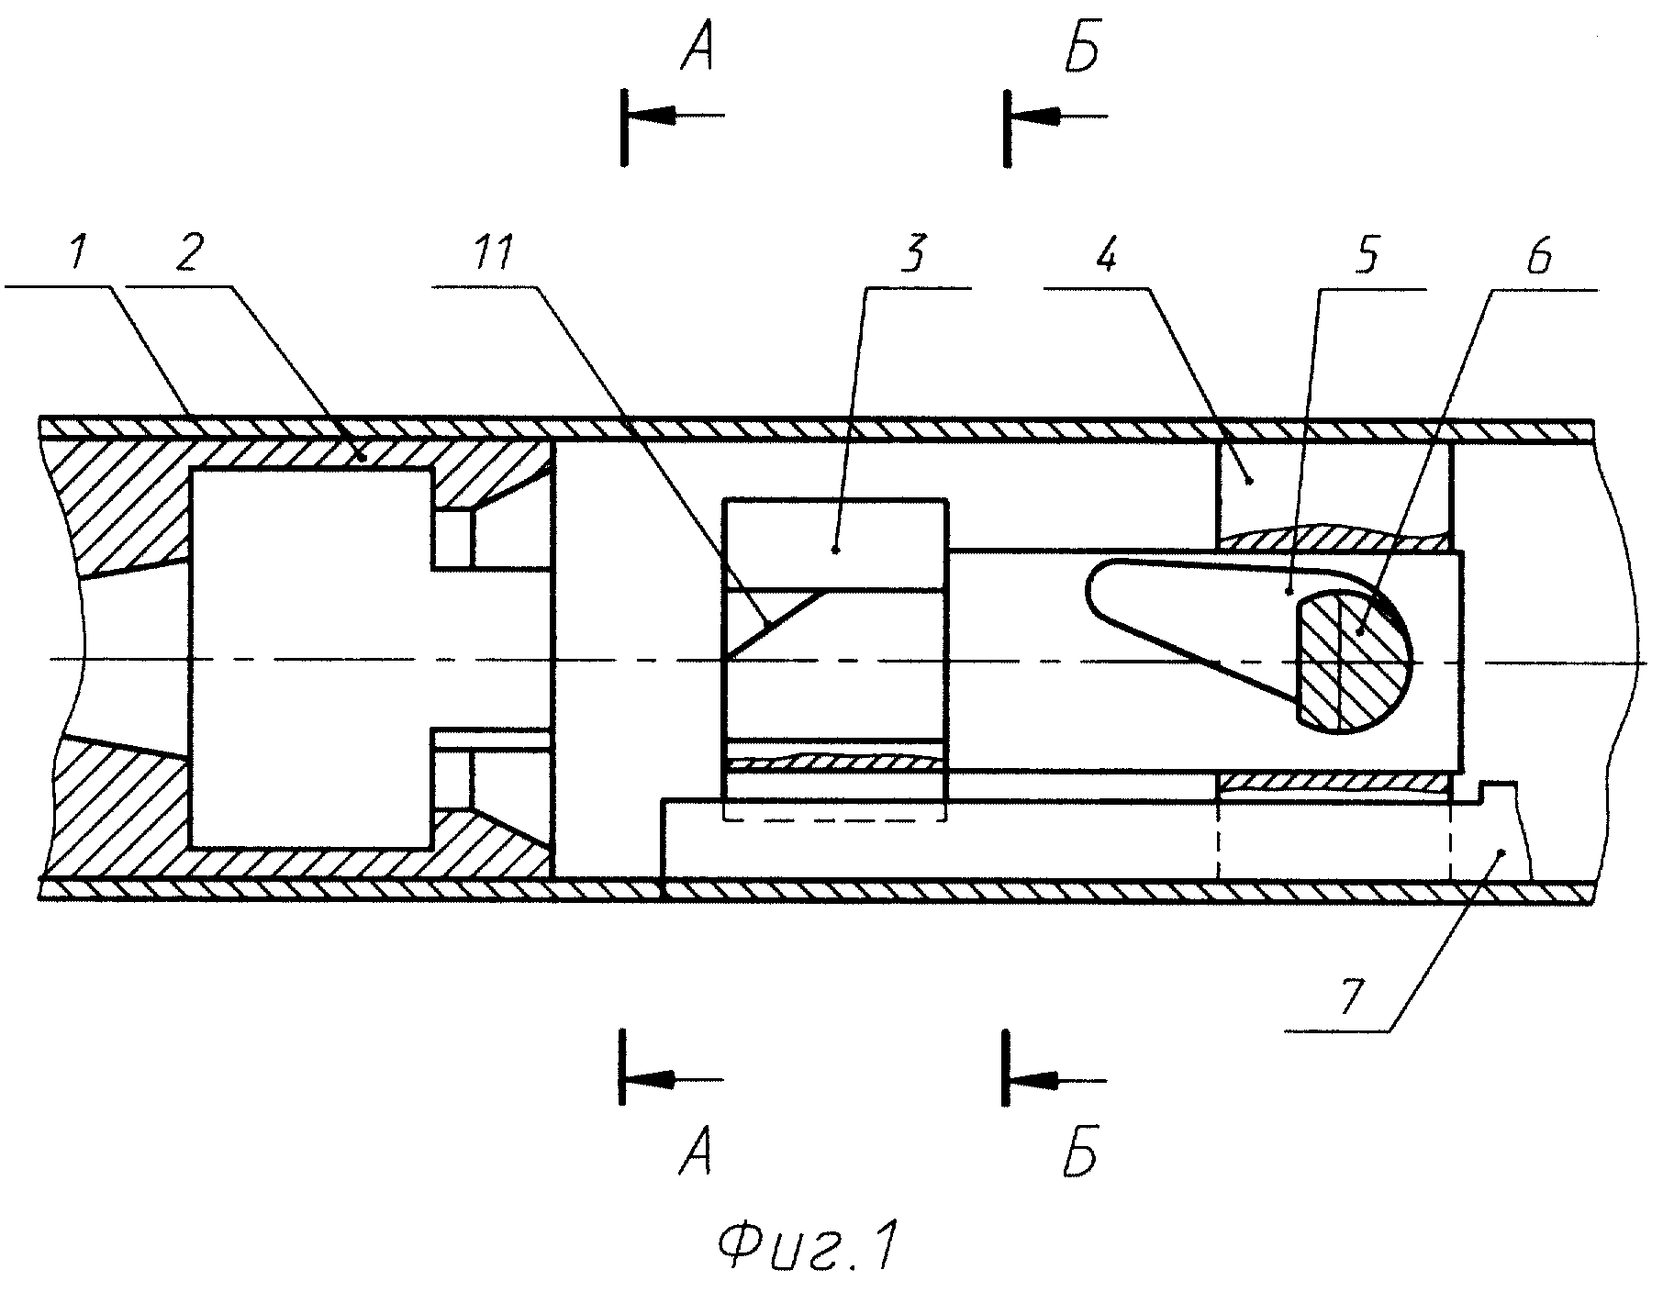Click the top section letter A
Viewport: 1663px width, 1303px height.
click(697, 53)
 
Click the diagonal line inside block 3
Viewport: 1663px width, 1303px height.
click(776, 625)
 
